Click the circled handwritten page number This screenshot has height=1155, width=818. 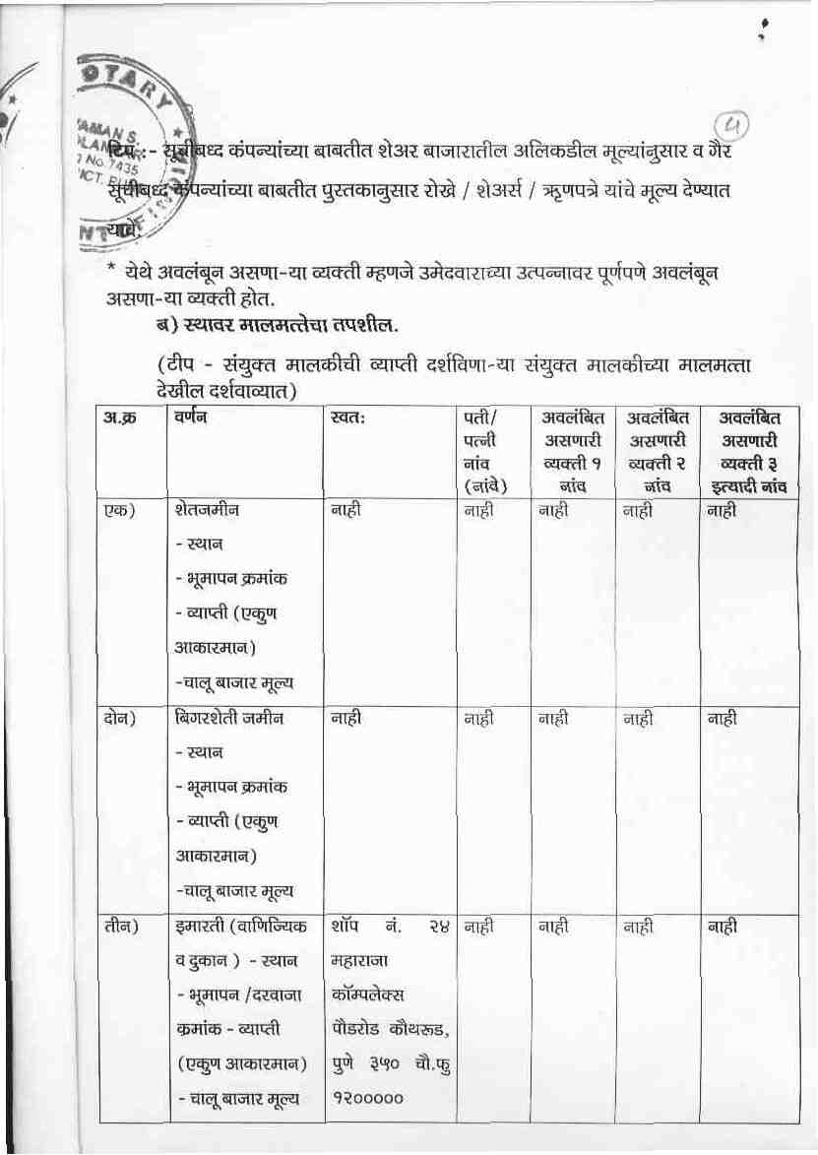click(x=730, y=126)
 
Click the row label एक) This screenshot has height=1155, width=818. click(x=119, y=510)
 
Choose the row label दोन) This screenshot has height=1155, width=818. click(x=119, y=719)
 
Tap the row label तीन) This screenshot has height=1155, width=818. click(x=120, y=927)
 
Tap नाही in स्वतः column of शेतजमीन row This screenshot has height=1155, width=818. click(x=346, y=510)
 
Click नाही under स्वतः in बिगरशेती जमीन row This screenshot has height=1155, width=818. click(x=346, y=719)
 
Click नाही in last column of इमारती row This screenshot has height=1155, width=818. click(x=723, y=927)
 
